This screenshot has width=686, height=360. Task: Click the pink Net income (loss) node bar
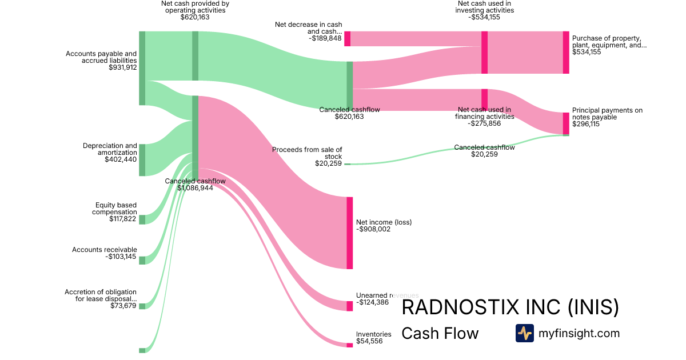pyautogui.click(x=349, y=233)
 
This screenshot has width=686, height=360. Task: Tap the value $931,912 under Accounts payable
pyautogui.click(x=122, y=67)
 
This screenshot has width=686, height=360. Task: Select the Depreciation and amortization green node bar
pyautogui.click(x=142, y=160)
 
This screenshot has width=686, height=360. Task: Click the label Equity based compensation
pyautogui.click(x=115, y=208)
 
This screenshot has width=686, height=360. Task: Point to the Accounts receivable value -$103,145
pyautogui.click(x=121, y=257)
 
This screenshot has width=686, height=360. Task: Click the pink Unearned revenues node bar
pyautogui.click(x=349, y=306)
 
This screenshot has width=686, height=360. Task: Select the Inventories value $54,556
pyautogui.click(x=369, y=341)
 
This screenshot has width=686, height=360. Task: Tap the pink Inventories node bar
pyautogui.click(x=349, y=345)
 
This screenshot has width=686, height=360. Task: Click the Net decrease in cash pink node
pyautogui.click(x=347, y=38)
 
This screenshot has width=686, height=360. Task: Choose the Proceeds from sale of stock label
pyautogui.click(x=307, y=153)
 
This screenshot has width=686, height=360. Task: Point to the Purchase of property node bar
pyautogui.click(x=566, y=52)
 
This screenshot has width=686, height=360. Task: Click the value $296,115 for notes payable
pyautogui.click(x=586, y=124)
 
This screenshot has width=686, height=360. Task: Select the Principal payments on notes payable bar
pyautogui.click(x=566, y=123)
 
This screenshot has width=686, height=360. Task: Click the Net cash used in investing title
pyautogui.click(x=484, y=7)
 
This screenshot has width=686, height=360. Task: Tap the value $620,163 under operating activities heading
pyautogui.click(x=195, y=17)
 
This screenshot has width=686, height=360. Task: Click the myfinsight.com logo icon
pyautogui.click(x=524, y=333)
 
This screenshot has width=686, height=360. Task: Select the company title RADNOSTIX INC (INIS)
pyautogui.click(x=510, y=307)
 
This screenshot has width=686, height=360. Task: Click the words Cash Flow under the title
pyautogui.click(x=440, y=333)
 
